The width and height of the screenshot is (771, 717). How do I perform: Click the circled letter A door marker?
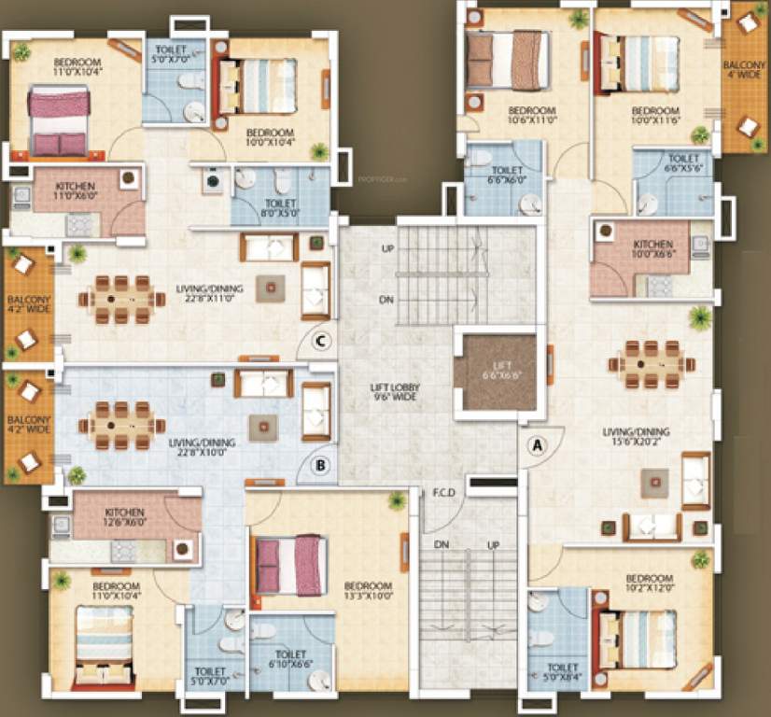536,445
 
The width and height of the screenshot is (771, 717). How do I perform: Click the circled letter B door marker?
319,464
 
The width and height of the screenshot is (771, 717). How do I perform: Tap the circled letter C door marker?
319,341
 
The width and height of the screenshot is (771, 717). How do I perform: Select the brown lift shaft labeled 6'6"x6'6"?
495,373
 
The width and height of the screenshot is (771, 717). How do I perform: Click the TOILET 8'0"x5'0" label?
281,208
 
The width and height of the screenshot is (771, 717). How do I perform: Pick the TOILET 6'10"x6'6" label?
291,660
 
